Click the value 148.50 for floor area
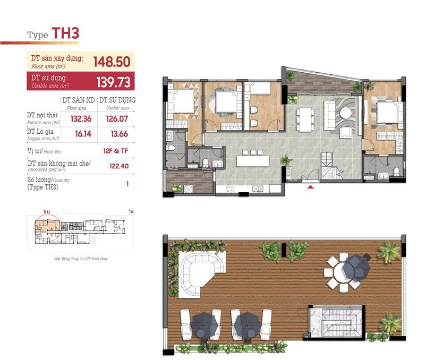click(x=112, y=62)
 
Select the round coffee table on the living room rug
click(x=346, y=113)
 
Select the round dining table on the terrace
click(x=343, y=270)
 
